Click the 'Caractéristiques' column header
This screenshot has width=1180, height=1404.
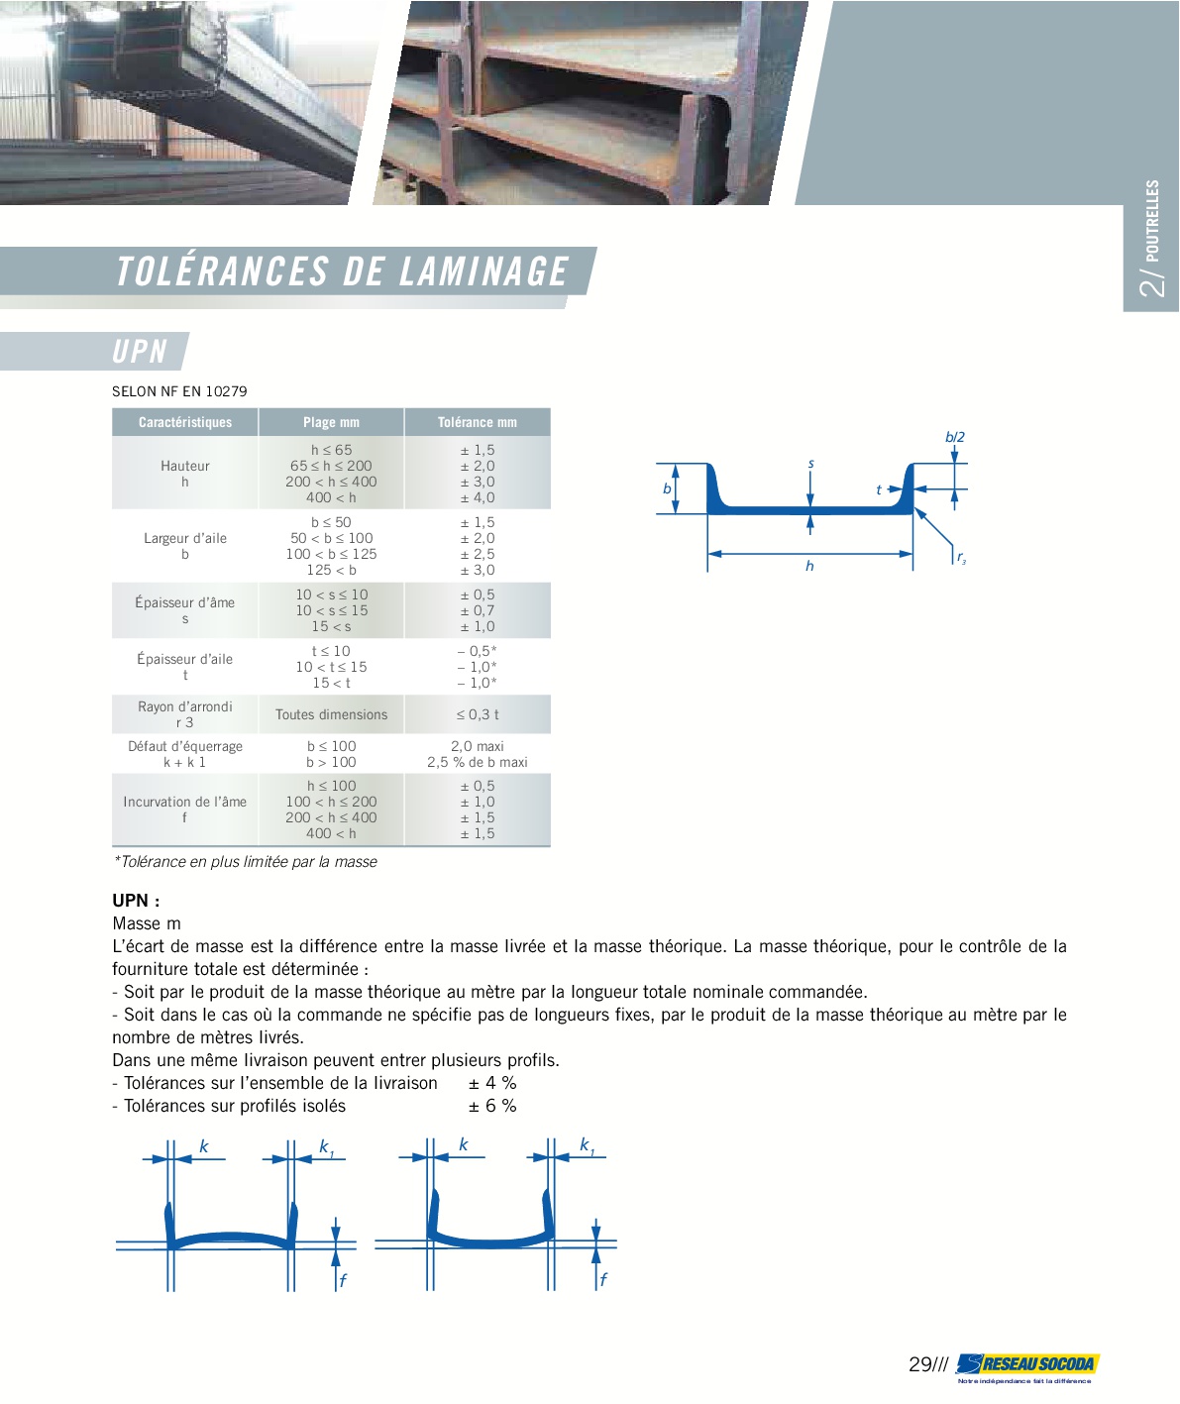pos(185,422)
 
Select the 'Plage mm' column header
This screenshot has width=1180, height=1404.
pos(331,422)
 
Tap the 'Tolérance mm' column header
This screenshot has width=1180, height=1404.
pos(478,422)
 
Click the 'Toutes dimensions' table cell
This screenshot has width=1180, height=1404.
pos(331,714)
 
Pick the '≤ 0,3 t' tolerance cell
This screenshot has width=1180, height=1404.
pos(478,714)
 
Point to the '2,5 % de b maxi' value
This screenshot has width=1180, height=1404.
pos(478,762)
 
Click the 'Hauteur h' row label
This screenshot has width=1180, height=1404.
pos(185,474)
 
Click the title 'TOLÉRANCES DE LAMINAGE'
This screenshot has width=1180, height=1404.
pos(343,271)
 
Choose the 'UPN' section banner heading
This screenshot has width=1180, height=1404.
pos(140,352)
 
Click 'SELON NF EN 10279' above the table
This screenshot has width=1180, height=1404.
pos(179,391)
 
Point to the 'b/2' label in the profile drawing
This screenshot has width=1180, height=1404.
pos(955,437)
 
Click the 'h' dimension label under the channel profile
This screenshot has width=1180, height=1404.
pos(809,566)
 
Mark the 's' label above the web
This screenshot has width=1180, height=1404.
pos(810,464)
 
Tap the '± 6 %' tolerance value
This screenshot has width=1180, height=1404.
pos(492,1106)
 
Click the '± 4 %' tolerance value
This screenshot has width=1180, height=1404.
pos(492,1083)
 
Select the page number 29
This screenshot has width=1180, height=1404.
pos(920,1364)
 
